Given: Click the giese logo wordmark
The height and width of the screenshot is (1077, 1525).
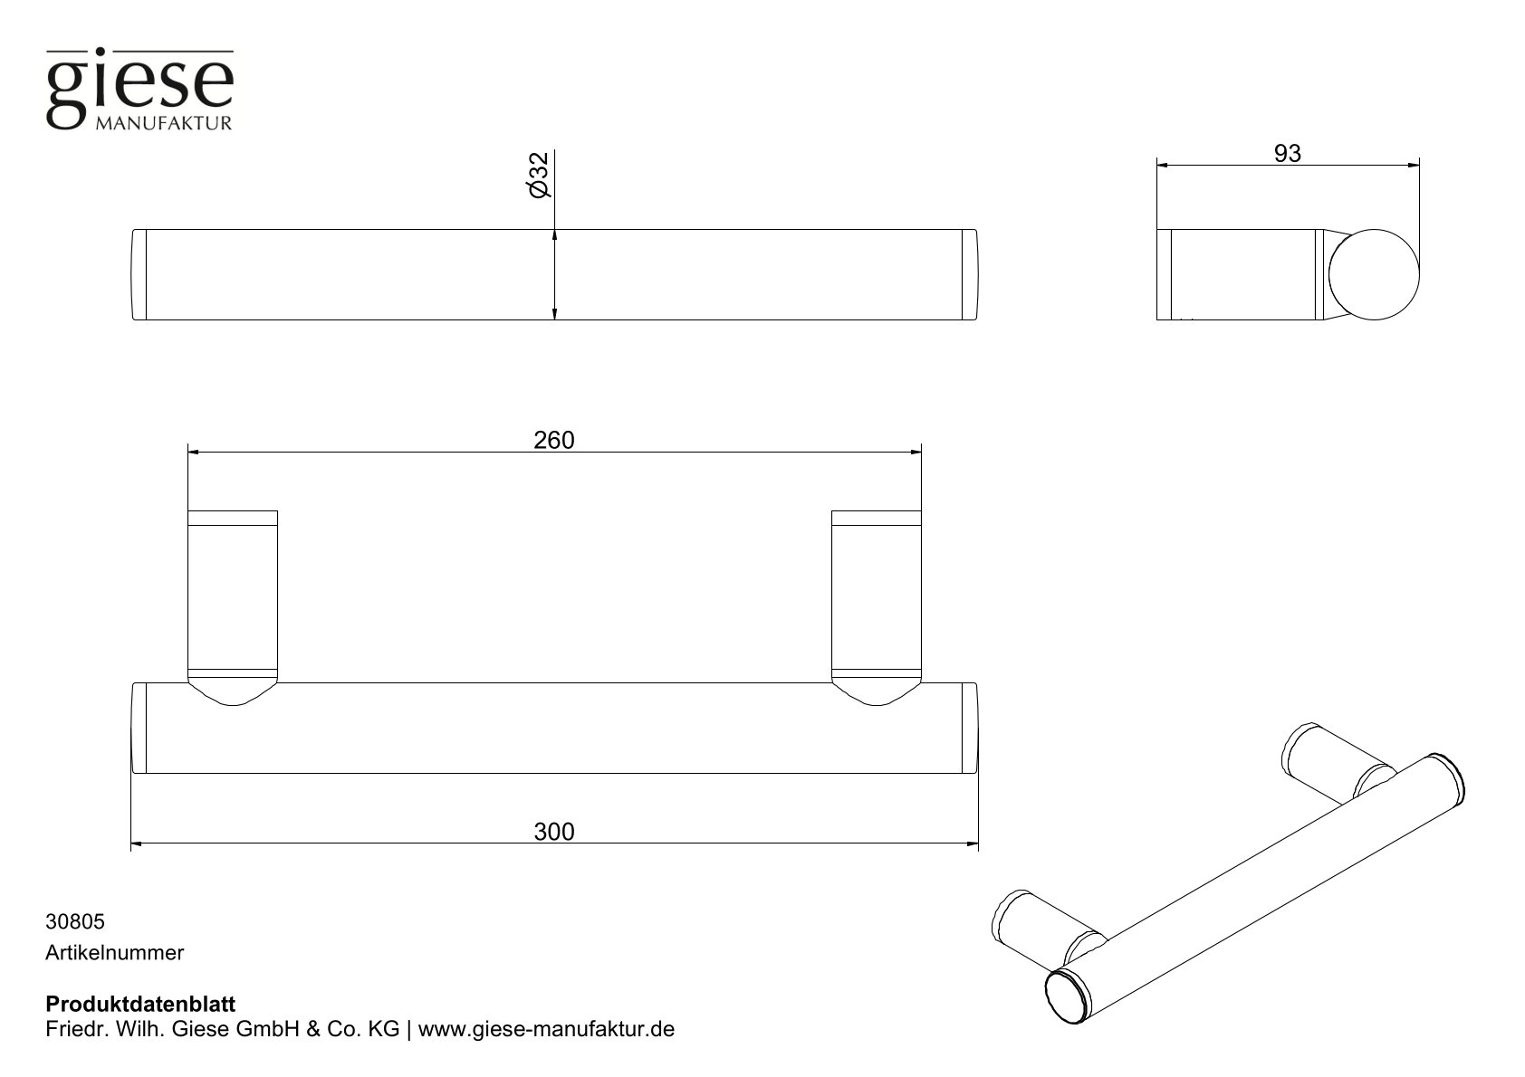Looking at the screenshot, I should (139, 86).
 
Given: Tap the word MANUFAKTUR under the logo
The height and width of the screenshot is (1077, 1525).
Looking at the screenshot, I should (163, 123).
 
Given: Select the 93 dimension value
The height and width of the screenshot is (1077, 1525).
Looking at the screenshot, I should (1287, 154).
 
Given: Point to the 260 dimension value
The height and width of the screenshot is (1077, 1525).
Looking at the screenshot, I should (553, 440).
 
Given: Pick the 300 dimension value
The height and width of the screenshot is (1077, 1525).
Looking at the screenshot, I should (553, 831).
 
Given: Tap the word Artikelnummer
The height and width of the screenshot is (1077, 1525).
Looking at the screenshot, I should (114, 952).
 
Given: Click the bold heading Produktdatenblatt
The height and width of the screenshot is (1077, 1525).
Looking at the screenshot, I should (140, 1005).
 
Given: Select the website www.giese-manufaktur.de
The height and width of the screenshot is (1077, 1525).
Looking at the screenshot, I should (547, 1030).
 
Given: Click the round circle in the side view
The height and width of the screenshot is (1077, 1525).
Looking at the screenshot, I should (1375, 274).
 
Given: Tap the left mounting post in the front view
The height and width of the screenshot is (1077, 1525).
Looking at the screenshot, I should (232, 602).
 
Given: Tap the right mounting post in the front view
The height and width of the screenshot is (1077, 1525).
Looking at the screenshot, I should (876, 602).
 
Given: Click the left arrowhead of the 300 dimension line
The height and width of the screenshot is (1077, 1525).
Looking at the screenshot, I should (137, 845).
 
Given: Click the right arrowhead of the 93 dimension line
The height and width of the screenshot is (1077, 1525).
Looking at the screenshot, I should (1414, 166).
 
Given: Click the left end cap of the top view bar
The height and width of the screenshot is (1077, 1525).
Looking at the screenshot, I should (139, 274).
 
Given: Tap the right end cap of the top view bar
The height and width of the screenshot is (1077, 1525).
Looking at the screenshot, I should (969, 274).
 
